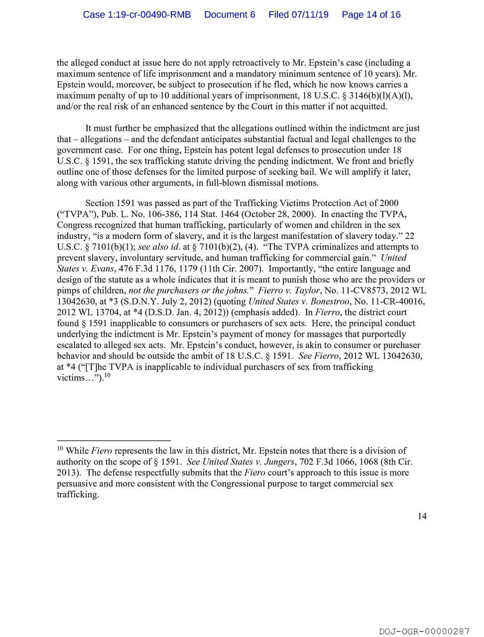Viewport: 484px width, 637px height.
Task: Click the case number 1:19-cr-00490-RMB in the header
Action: [x=137, y=14]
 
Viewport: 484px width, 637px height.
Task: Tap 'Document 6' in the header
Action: [x=230, y=14]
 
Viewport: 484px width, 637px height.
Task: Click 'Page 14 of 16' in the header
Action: [x=371, y=14]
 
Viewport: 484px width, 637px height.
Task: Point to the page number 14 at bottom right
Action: [x=422, y=516]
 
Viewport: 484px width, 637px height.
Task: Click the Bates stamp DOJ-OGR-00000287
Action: [x=424, y=631]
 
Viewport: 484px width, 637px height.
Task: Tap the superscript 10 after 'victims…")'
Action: [x=107, y=375]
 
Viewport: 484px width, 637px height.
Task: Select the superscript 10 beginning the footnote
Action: [x=60, y=449]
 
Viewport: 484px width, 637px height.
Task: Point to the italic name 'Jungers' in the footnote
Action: [x=279, y=462]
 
